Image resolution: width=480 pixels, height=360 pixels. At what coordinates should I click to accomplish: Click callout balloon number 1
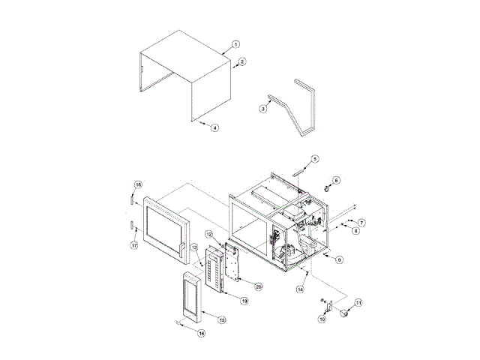click(235, 44)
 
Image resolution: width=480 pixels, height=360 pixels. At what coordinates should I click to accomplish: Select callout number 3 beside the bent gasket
click(263, 109)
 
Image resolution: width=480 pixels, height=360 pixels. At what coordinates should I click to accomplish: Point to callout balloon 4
click(214, 128)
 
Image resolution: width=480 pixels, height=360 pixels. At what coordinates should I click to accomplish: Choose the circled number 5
click(315, 159)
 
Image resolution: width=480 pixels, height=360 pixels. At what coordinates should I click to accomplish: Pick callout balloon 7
click(361, 223)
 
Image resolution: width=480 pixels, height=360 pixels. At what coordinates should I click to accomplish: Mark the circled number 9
click(339, 259)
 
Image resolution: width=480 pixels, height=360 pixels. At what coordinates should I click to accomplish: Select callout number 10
click(322, 319)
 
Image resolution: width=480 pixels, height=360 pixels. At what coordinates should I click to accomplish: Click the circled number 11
click(358, 302)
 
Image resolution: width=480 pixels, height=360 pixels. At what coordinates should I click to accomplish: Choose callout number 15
click(222, 319)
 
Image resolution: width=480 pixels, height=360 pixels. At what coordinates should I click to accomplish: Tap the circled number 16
click(201, 334)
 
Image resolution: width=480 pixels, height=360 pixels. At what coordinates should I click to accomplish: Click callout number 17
click(134, 244)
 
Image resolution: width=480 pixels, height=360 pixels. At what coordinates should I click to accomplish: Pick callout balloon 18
click(138, 184)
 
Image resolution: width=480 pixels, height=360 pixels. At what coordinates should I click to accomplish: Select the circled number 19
click(244, 300)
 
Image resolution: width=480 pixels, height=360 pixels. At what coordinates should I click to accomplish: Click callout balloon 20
click(258, 286)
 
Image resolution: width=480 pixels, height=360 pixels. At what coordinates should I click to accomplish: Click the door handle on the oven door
click(181, 247)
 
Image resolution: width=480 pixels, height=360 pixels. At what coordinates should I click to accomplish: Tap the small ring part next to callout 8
click(328, 186)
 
